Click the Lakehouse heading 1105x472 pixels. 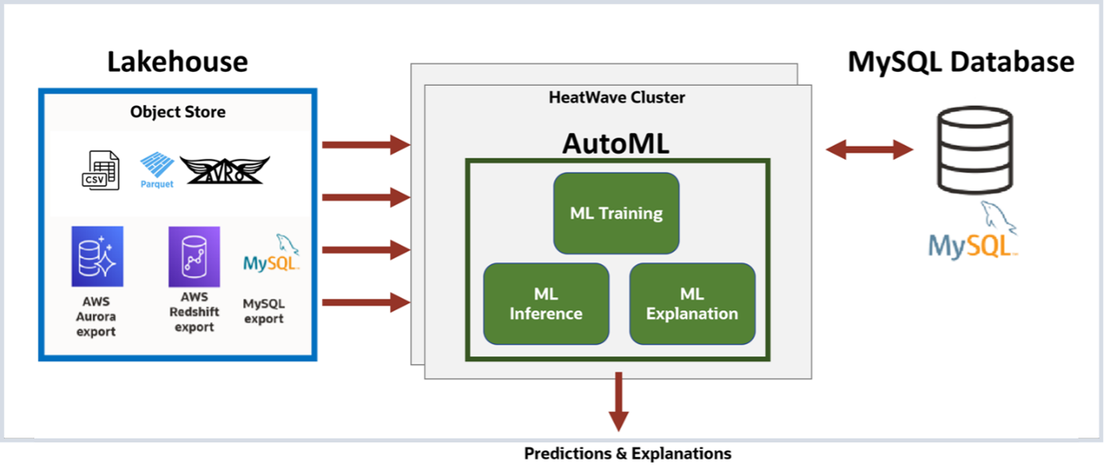point(177,62)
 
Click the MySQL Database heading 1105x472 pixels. point(961,62)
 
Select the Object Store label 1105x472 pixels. point(178,112)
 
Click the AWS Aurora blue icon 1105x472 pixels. point(97,257)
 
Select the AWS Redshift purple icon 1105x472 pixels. point(194,257)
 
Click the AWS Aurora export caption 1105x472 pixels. point(96,317)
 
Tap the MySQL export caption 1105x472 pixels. point(264,311)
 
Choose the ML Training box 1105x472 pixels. point(616,213)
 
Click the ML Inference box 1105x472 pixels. point(546,303)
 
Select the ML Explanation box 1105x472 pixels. point(692,303)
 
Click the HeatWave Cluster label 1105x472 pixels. point(617,98)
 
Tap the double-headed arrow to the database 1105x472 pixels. point(869,149)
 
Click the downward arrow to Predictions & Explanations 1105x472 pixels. point(618,401)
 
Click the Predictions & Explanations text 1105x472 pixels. point(628,453)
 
